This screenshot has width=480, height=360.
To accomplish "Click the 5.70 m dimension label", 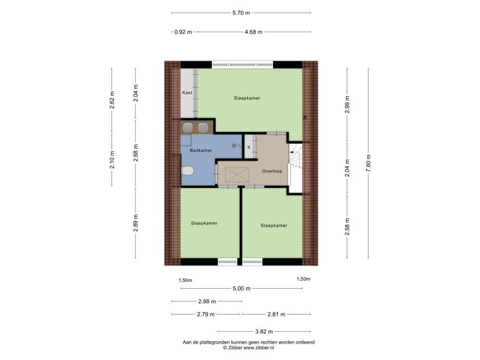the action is click(x=241, y=13).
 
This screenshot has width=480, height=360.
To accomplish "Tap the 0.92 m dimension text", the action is click(x=183, y=32).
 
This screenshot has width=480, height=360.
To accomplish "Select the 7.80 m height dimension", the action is click(x=368, y=163).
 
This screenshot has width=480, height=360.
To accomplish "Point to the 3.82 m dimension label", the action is click(x=264, y=331).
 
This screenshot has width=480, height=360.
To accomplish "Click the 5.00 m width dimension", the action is click(x=241, y=288).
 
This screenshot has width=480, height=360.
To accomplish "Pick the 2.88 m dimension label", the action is click(x=207, y=301).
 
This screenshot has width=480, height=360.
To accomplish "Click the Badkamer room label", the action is click(x=201, y=150).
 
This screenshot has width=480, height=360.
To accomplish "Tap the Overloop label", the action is click(x=272, y=171).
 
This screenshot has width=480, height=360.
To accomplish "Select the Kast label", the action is click(x=187, y=92).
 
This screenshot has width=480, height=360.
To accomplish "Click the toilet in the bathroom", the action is click(x=187, y=171).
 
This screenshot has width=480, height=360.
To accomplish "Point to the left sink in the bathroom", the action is click(x=187, y=127).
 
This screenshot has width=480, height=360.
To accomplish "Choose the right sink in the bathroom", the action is click(x=202, y=127).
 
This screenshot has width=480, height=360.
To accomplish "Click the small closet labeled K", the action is click(x=249, y=147).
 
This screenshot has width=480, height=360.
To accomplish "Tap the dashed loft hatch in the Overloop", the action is click(x=237, y=175).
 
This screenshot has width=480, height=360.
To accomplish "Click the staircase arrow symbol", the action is click(x=292, y=152).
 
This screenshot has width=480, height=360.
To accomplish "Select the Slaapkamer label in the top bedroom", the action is click(x=247, y=98).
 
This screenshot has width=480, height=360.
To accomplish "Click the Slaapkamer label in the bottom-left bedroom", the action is click(x=204, y=223).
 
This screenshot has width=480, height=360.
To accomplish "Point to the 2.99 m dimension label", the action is click(x=347, y=105).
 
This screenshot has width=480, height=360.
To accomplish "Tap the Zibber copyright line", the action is click(x=248, y=348).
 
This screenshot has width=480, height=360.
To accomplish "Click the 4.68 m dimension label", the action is click(x=254, y=32).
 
